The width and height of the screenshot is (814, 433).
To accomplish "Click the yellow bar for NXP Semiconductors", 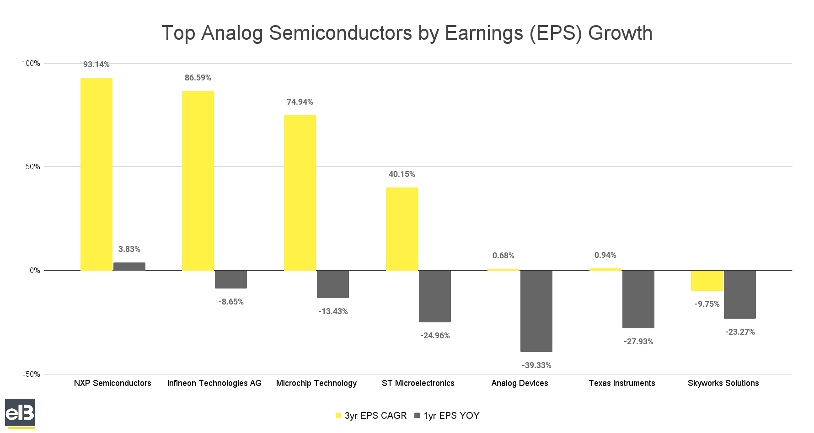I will pyautogui.click(x=96, y=174).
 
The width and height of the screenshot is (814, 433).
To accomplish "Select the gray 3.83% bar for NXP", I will pyautogui.click(x=129, y=267).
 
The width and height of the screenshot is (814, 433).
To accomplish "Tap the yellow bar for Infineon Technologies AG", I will pyautogui.click(x=198, y=181).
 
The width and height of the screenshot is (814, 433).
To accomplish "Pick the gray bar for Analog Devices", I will pyautogui.click(x=536, y=311).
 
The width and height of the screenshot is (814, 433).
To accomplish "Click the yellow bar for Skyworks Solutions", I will pyautogui.click(x=707, y=280).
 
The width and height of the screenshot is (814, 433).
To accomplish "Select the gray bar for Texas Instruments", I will pyautogui.click(x=638, y=299).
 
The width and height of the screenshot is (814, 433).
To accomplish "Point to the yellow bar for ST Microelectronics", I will pyautogui.click(x=402, y=229).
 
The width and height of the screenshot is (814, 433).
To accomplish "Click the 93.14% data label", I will pyautogui.click(x=96, y=64).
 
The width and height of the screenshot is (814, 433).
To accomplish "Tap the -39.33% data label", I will pyautogui.click(x=536, y=365).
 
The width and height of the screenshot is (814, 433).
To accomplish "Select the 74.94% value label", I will pyautogui.click(x=300, y=102).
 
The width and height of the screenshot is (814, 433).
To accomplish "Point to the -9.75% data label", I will pyautogui.click(x=707, y=304).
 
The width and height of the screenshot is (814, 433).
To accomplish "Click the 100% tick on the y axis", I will pyautogui.click(x=31, y=64).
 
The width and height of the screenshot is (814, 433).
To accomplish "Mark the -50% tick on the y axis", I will pyautogui.click(x=32, y=374).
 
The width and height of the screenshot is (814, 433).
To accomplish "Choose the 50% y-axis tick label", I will pyautogui.click(x=33, y=167).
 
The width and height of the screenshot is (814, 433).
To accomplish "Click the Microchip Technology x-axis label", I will pyautogui.click(x=316, y=383).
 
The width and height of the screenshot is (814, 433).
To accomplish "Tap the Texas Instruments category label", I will pyautogui.click(x=621, y=383).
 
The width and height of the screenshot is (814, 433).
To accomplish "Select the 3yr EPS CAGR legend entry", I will pyautogui.click(x=371, y=416).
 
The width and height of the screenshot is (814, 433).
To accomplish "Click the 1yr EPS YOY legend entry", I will pyautogui.click(x=447, y=416).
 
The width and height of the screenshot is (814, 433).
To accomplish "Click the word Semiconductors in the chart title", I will pyautogui.click(x=340, y=33).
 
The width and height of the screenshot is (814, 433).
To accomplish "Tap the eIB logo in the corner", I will pyautogui.click(x=20, y=413).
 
